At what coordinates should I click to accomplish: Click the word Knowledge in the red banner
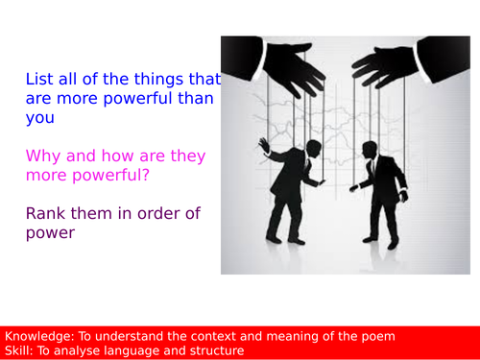tap(37, 336)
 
